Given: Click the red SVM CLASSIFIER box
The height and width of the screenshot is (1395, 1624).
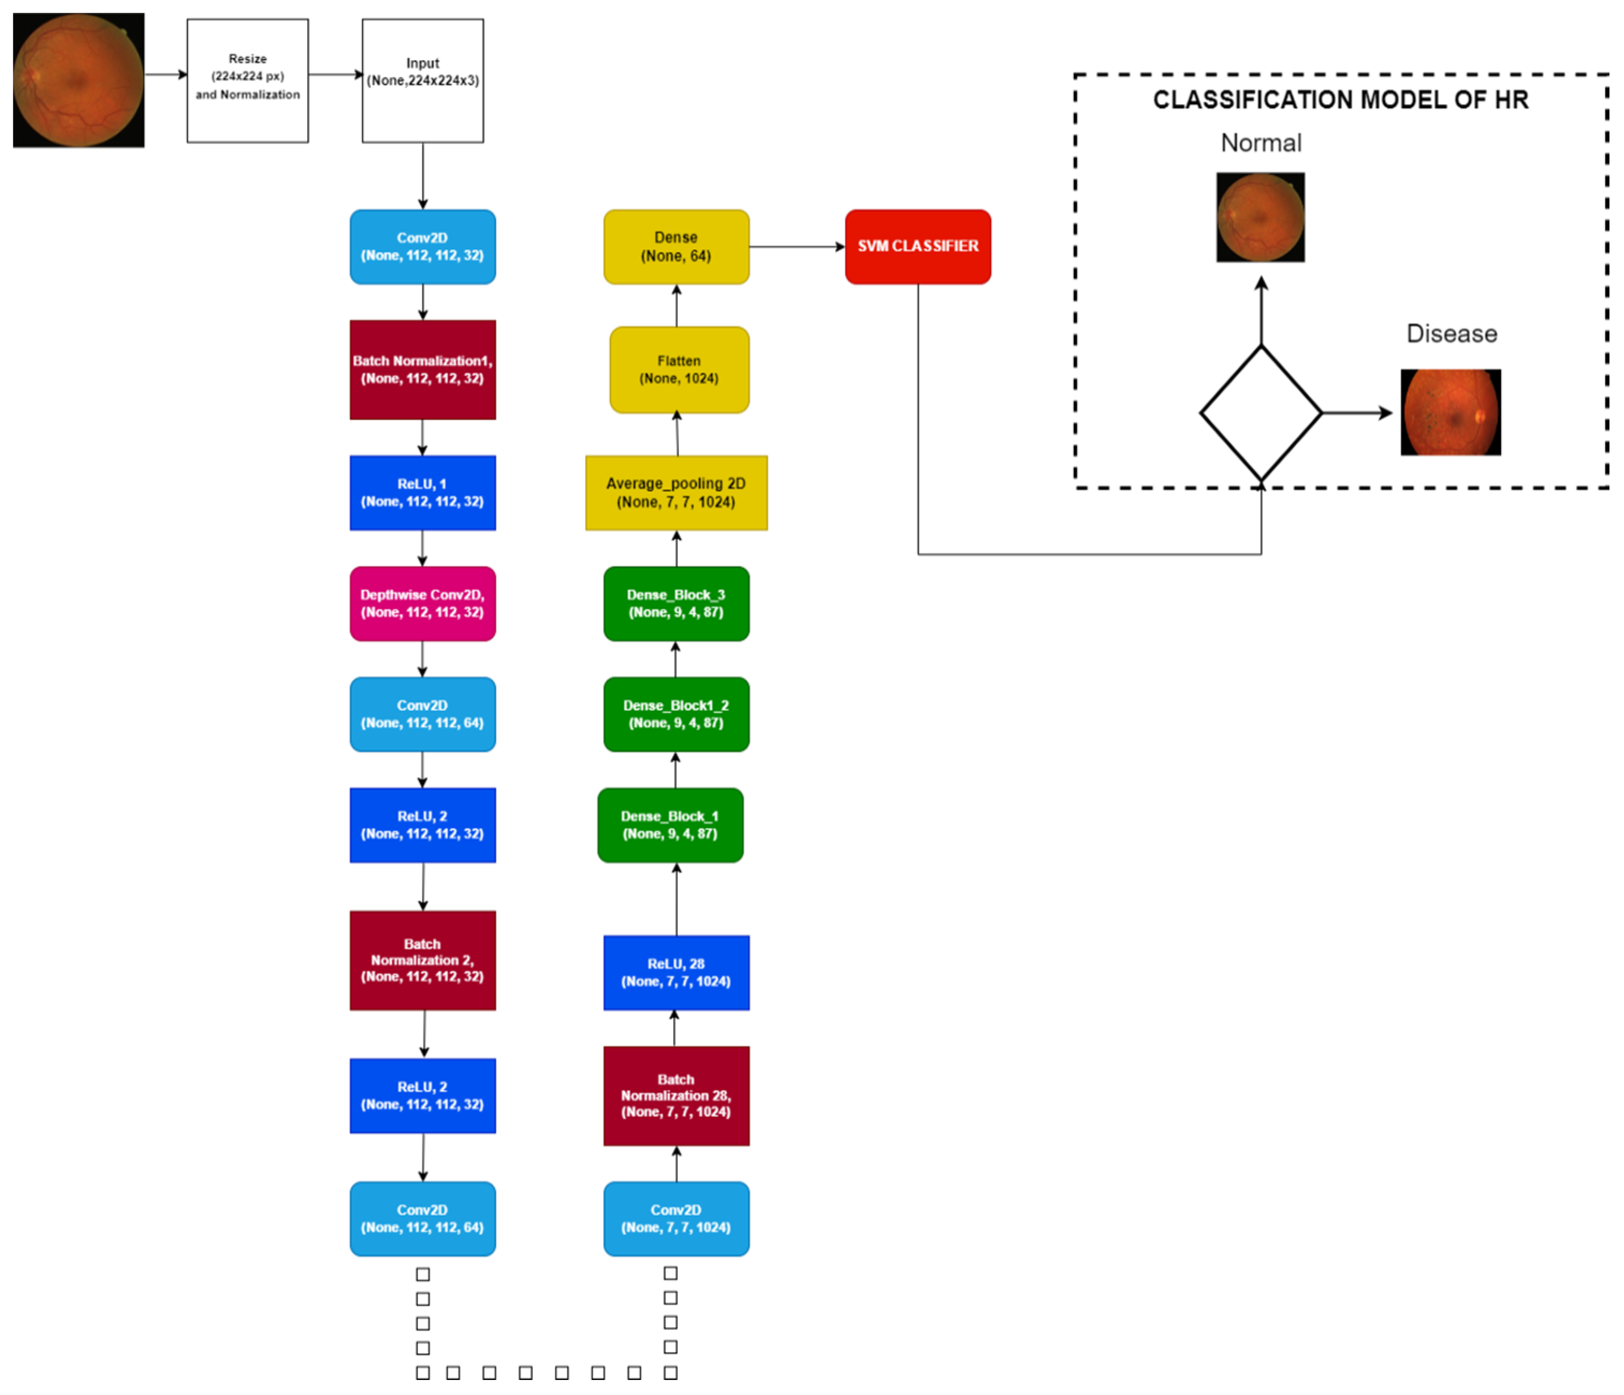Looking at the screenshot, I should pyautogui.click(x=917, y=246).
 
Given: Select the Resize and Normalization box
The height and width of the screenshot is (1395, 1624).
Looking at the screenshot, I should pyautogui.click(x=247, y=80).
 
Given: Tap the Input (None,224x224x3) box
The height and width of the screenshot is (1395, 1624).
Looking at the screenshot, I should pyautogui.click(x=422, y=80).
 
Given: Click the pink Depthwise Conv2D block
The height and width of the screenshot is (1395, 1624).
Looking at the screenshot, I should pyautogui.click(x=422, y=604).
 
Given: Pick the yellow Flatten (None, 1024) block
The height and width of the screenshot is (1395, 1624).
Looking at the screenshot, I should pyautogui.click(x=679, y=369).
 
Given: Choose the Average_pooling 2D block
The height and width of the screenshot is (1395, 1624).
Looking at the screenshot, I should pyautogui.click(x=676, y=492).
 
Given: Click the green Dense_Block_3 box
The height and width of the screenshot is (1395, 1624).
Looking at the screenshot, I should pyautogui.click(x=676, y=604).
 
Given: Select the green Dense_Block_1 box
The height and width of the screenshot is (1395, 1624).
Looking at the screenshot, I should pyautogui.click(x=670, y=825).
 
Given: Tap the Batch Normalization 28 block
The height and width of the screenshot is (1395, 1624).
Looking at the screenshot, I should pyautogui.click(x=676, y=1095).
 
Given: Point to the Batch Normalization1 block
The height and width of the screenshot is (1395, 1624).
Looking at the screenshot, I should pyautogui.click(x=422, y=369).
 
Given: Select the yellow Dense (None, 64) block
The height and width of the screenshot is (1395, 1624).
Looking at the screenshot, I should pyautogui.click(x=676, y=246).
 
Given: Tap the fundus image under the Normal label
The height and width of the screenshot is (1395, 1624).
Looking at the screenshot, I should pyautogui.click(x=1260, y=217).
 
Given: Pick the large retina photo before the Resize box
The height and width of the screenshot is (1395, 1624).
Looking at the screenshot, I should pyautogui.click(x=78, y=80).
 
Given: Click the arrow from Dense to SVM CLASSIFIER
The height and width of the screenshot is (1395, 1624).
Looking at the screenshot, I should pyautogui.click(x=795, y=246).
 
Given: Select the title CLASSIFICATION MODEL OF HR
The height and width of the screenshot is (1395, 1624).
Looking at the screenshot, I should pyautogui.click(x=1340, y=100).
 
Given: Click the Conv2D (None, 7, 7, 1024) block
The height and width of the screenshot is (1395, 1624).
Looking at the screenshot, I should pyautogui.click(x=676, y=1218).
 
